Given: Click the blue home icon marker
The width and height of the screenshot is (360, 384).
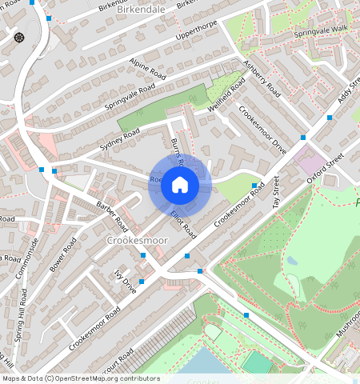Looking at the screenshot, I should [180, 186].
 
